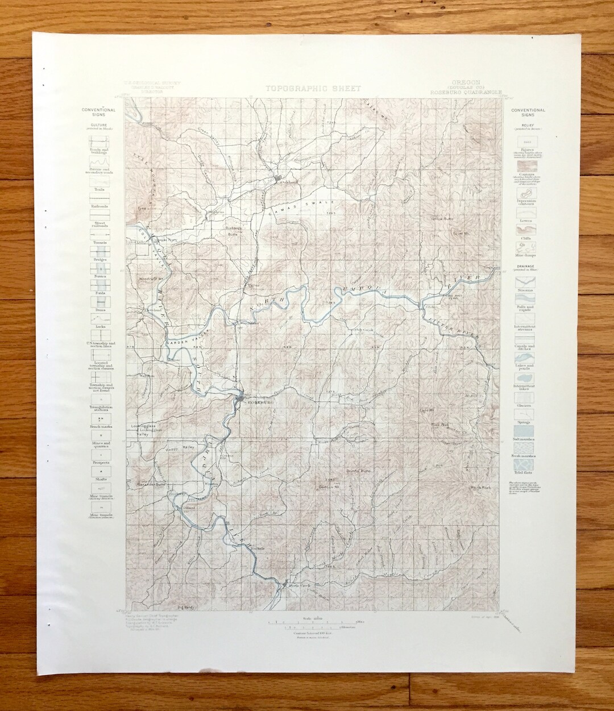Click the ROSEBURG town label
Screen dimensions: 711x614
tap(259, 401)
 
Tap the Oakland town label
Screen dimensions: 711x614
tap(287, 182)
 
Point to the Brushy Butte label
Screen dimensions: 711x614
tap(358, 471)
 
